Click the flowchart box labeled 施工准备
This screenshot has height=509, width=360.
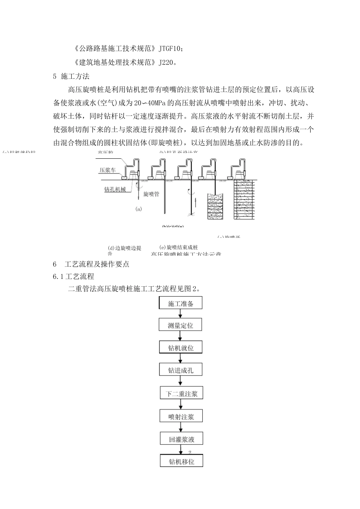pos(180,303)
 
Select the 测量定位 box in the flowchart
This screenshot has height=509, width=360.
pos(180,325)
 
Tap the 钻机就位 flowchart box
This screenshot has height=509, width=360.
pos(181,348)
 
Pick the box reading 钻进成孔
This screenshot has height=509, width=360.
pos(181,370)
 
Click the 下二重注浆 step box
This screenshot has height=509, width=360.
pos(181,393)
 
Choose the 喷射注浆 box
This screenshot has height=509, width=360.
pos(181,416)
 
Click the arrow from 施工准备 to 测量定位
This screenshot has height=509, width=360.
pos(181,314)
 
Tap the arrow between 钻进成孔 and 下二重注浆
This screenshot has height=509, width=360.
pos(181,381)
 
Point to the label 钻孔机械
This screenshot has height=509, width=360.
pos(115,189)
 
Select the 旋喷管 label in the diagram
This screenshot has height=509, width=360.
pos(151,194)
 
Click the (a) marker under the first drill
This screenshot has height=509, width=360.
pos(138,209)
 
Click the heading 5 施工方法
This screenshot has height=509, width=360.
pos(71,76)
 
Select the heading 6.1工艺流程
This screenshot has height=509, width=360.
pos(74,276)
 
